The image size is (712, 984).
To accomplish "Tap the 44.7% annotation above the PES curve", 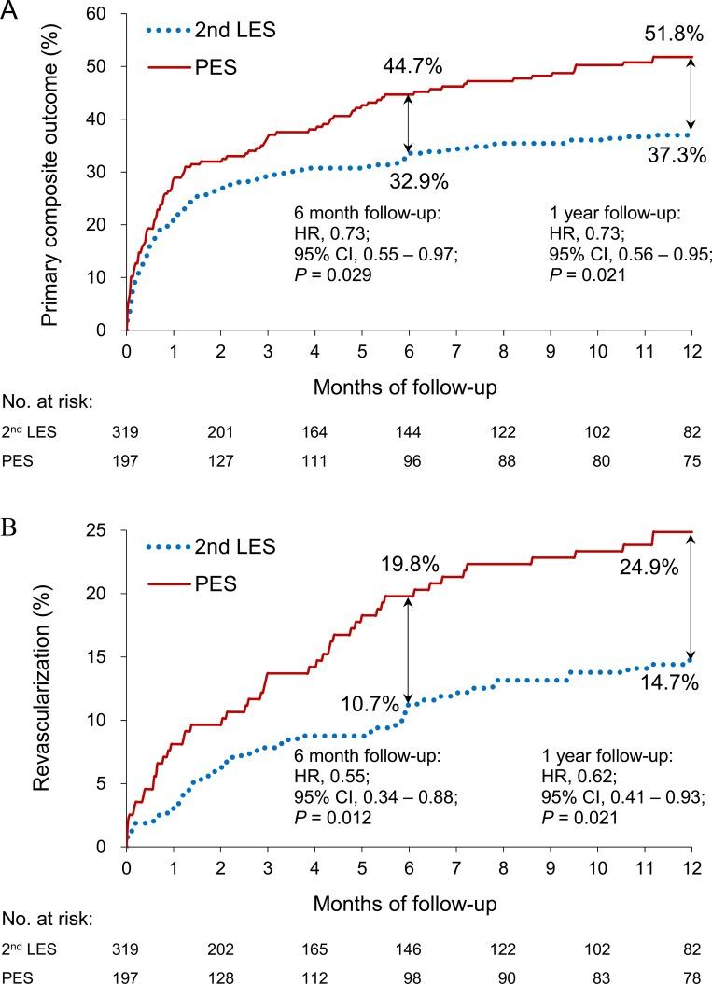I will coord(412,67).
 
